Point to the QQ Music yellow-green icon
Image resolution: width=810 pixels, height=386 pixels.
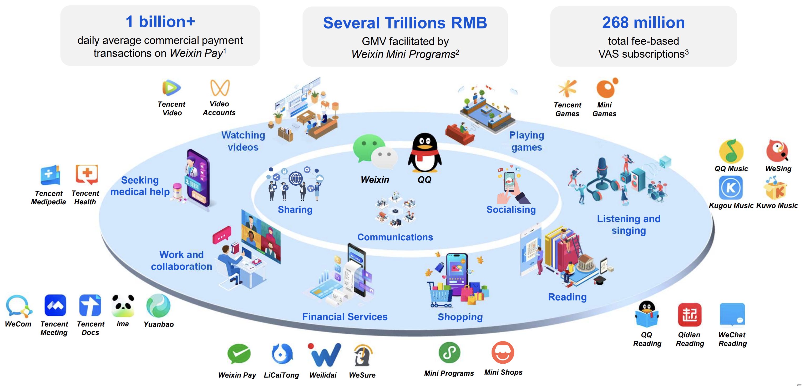(x=731, y=151)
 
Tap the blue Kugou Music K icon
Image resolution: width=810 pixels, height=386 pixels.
(x=731, y=188)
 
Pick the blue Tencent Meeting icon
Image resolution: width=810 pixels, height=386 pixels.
(x=55, y=305)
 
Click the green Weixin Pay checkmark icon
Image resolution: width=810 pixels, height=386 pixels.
(x=239, y=354)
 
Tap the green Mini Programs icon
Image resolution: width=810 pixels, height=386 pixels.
(x=449, y=353)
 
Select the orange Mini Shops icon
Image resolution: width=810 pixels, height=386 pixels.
(x=503, y=353)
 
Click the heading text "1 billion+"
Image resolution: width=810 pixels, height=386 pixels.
(x=160, y=22)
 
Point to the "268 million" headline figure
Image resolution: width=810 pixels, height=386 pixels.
(x=643, y=23)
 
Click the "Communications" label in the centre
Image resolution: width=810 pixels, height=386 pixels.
(x=395, y=237)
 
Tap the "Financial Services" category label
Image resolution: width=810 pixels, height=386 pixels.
(x=345, y=317)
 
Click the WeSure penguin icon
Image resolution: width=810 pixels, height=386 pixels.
(x=363, y=355)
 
